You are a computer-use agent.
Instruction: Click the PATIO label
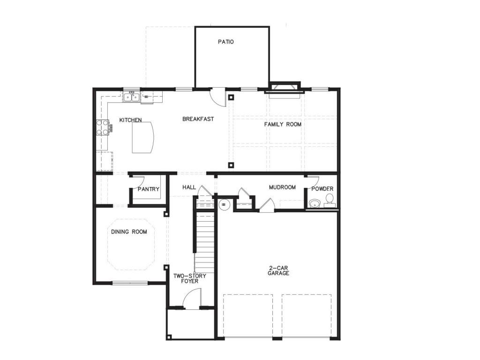coord(225,42)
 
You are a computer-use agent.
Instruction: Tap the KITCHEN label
coord(130,120)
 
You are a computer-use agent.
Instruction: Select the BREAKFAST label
coord(198,119)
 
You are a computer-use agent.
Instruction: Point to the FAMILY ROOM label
coord(283,124)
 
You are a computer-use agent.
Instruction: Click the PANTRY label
coord(149,189)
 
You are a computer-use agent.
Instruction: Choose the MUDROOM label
coord(282,187)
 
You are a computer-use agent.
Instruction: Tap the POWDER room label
coord(322,189)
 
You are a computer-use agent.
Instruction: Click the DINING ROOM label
coord(129,232)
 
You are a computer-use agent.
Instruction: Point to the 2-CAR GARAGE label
coord(278,270)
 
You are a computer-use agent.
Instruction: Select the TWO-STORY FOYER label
coord(190,278)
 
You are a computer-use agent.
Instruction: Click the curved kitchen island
coord(143,137)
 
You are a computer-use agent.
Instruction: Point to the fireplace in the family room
coord(285,90)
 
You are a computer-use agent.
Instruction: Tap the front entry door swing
coord(192,298)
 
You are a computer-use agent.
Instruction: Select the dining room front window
coord(130,283)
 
